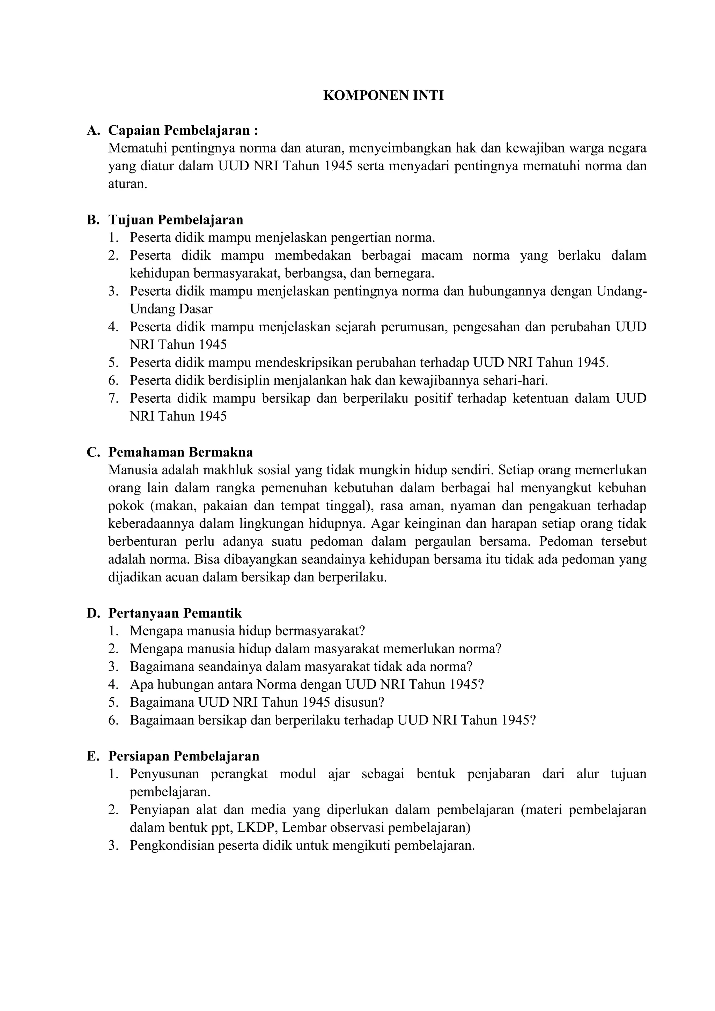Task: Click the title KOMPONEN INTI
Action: click(x=383, y=96)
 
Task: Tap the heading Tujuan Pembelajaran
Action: click(x=176, y=220)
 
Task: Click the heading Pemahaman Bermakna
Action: click(x=180, y=452)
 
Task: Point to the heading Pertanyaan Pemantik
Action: click(x=175, y=614)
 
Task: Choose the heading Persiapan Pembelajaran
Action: click(x=184, y=756)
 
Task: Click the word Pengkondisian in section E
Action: click(x=170, y=846)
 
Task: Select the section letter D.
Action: click(x=93, y=614)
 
